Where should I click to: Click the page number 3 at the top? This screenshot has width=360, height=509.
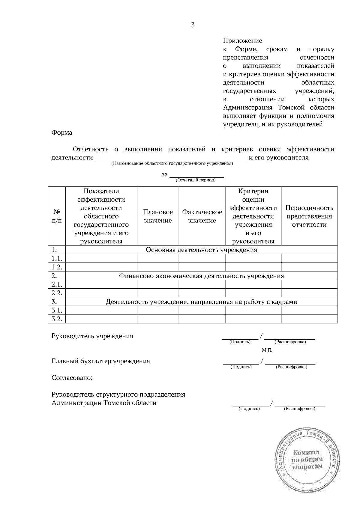coord(193,25)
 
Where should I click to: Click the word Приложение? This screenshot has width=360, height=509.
coord(242,41)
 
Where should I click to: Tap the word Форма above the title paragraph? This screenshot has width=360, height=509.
coord(62,132)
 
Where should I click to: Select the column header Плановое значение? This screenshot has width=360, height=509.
coord(158,216)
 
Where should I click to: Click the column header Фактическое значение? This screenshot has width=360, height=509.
coord(202,216)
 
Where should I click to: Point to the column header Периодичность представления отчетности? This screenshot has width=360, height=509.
coord(309,216)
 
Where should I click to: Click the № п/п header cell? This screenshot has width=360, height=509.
coord(57,216)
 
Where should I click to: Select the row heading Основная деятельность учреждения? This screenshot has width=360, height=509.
coord(201,250)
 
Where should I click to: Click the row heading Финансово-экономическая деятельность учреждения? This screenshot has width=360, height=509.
coord(201,276)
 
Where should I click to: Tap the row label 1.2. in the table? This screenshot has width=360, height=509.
coord(57,267)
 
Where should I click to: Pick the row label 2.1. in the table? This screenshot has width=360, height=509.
coord(57,284)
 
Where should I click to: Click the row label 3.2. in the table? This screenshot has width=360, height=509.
coord(57,319)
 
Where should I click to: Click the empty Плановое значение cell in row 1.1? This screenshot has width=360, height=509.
coord(158,258)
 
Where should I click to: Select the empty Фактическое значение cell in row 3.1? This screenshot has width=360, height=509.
coord(202,310)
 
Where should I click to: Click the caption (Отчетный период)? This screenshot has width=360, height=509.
coord(196,180)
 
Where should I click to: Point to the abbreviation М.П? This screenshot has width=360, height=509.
coord(267,350)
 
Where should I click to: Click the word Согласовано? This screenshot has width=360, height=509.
coord(72,378)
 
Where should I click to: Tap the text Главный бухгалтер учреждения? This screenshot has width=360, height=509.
coord(101,361)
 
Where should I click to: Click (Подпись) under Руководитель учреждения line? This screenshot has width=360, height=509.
coord(240,342)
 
